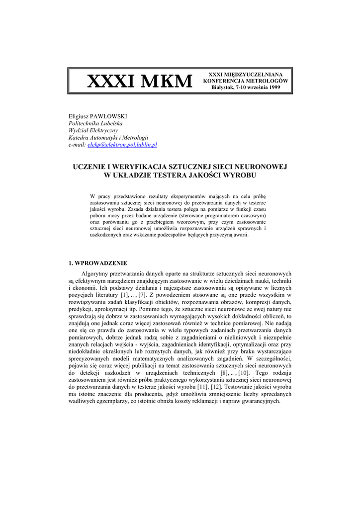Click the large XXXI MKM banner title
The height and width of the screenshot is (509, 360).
139,81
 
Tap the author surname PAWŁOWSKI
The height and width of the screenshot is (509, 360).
110,116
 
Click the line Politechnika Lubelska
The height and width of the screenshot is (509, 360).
95,123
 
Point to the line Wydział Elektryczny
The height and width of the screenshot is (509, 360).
93,130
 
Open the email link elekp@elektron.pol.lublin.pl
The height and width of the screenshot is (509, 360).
122,144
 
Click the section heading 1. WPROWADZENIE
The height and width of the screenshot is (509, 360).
97,263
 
